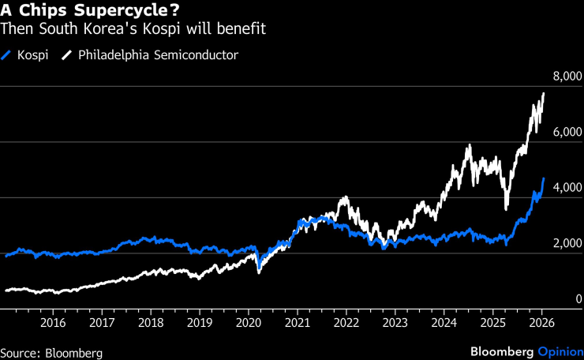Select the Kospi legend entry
tap(24, 55)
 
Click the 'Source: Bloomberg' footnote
tap(51, 352)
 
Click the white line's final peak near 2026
tap(544, 93)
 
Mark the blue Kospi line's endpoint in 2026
tap(544, 179)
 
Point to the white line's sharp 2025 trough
tap(506, 209)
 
